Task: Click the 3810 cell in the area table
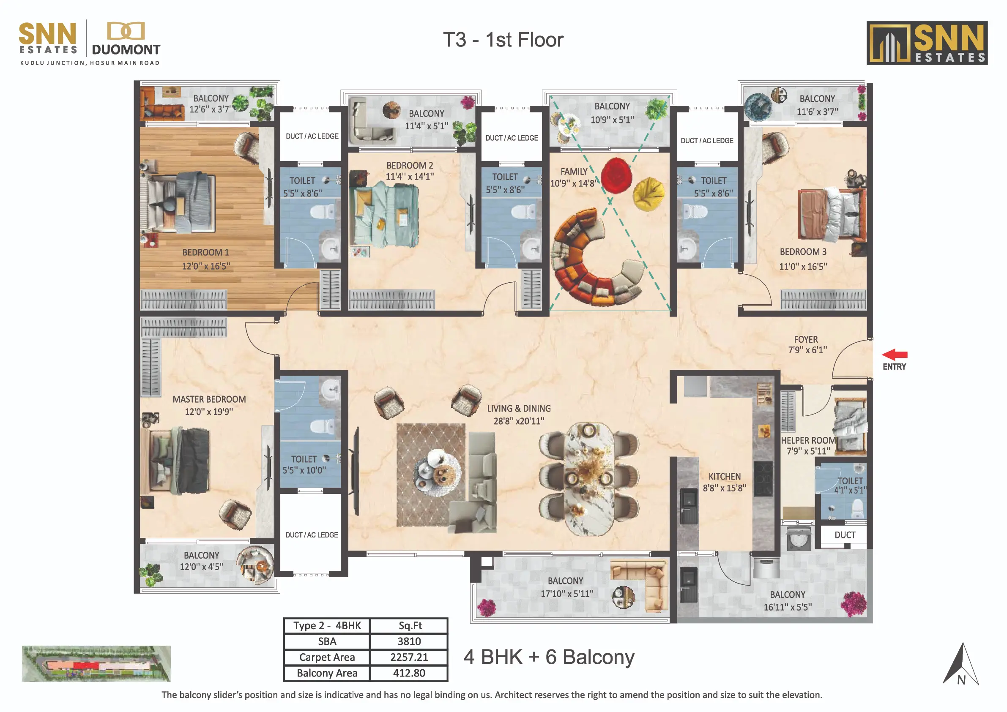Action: coord(409,641)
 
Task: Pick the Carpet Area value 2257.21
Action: coord(409,657)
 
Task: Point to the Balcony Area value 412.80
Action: coord(409,673)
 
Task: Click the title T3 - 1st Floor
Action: coord(503,40)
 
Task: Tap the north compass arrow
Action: coord(960,664)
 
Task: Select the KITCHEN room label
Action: coord(725,477)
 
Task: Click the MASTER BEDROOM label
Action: coord(209,399)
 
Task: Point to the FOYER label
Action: coord(806,339)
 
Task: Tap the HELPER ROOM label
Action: coord(808,440)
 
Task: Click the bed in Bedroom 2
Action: coord(384,216)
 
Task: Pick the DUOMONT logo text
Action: coord(126,49)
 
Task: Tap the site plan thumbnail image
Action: coord(96,663)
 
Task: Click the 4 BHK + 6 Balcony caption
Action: coord(549,657)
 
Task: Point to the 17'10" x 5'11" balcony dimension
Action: coord(566,594)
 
